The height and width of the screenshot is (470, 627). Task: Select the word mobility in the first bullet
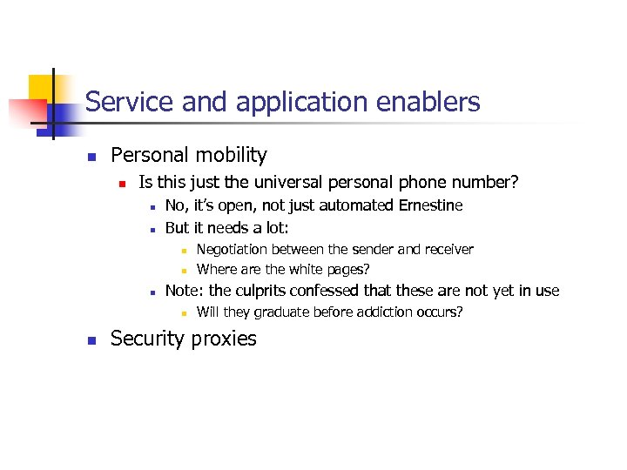(x=231, y=156)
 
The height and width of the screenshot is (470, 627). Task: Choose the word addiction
(x=382, y=312)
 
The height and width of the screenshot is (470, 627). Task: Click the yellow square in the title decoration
(x=42, y=87)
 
